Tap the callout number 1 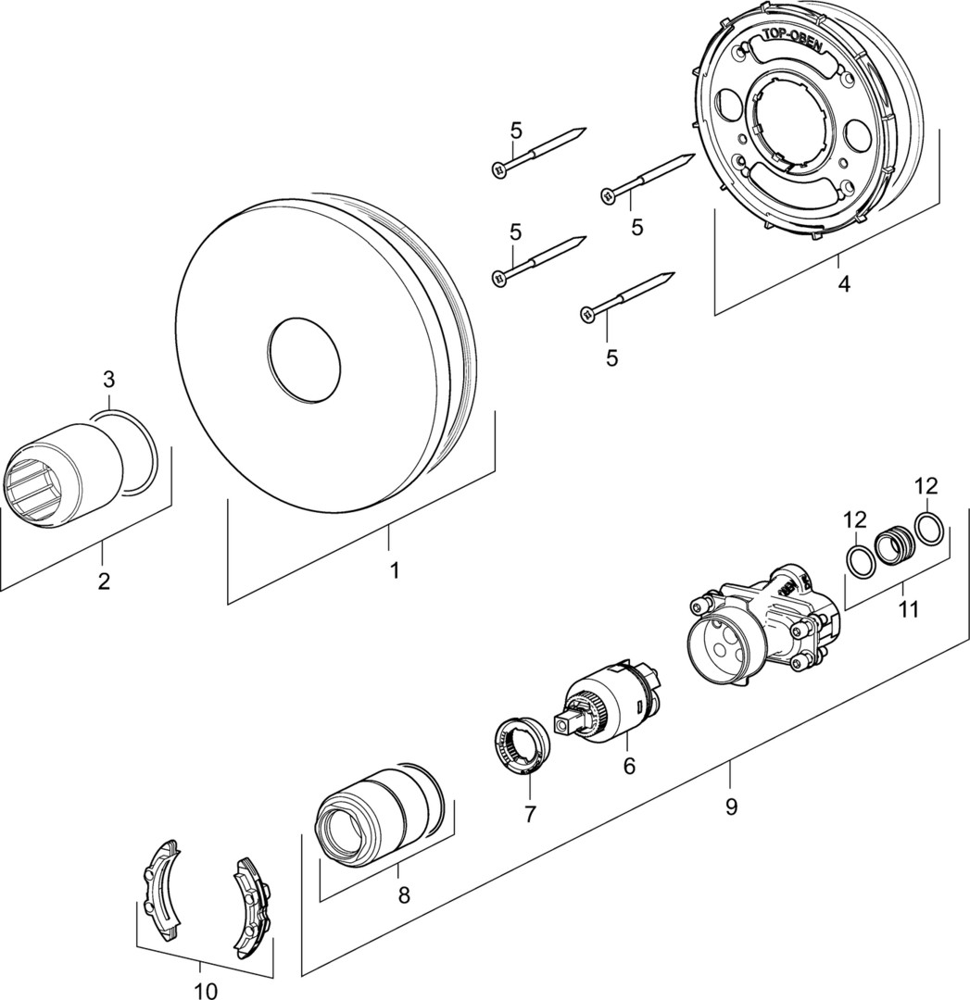[x=395, y=570]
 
